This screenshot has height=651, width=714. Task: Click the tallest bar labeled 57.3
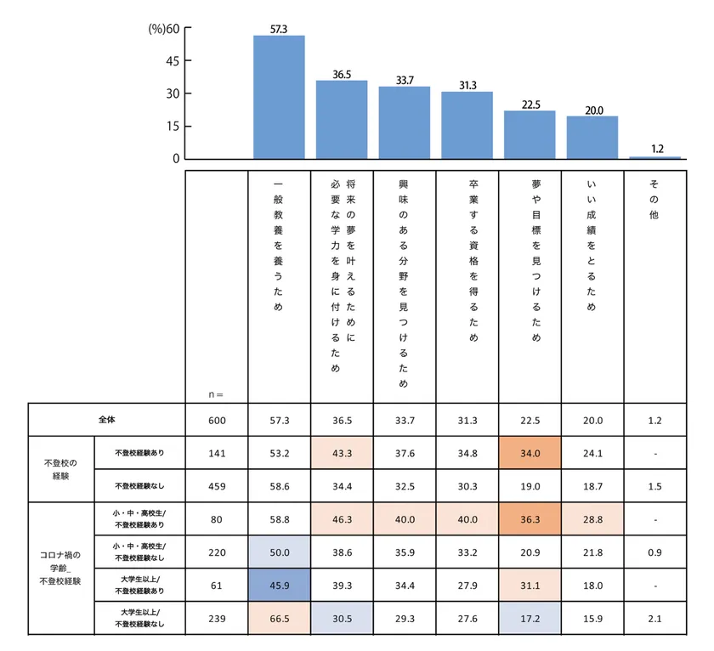click(279, 97)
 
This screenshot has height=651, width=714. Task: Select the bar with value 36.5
click(342, 120)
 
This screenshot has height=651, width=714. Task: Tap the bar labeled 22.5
click(530, 134)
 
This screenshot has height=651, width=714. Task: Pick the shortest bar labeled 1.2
click(654, 157)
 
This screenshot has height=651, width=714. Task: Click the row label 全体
click(106, 420)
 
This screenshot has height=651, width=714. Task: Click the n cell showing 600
click(217, 420)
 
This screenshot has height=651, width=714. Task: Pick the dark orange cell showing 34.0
click(530, 453)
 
